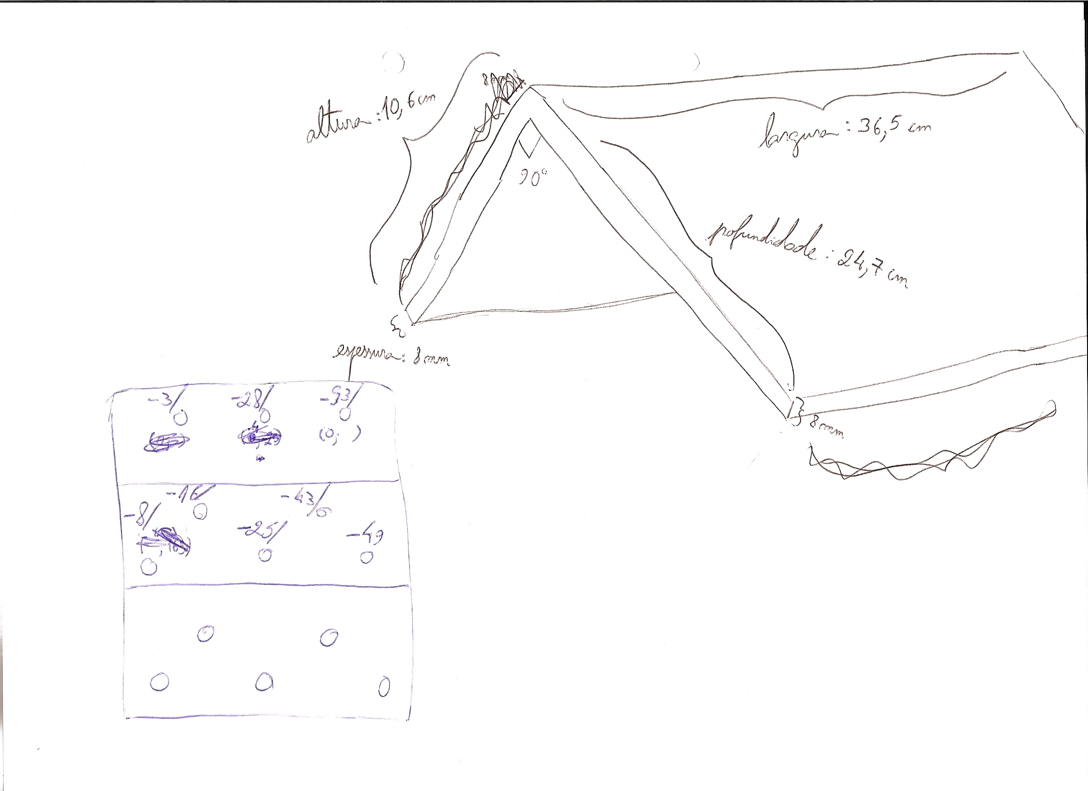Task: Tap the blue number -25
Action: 259,530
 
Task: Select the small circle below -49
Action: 367,557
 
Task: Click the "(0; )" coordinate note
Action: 340,435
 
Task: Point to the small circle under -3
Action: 181,419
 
